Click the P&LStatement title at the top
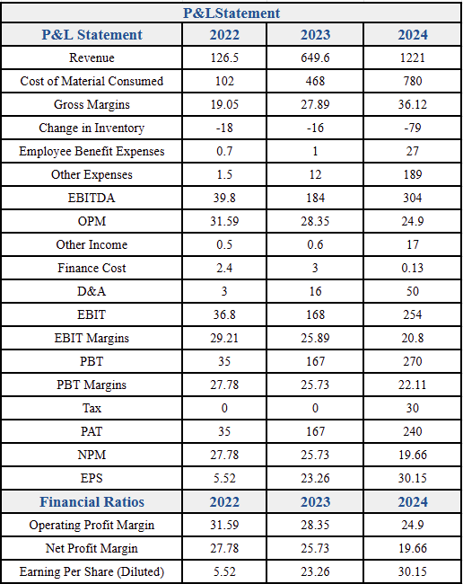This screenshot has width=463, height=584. [231, 13]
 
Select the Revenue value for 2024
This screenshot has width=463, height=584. [413, 58]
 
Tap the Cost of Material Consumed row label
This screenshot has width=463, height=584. [92, 81]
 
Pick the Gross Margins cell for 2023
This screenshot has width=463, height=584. [315, 104]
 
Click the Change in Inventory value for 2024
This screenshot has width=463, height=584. [413, 128]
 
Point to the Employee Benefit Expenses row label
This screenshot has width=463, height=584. [92, 151]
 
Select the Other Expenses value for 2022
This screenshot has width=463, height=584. [224, 174]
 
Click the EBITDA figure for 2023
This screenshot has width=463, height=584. [315, 198]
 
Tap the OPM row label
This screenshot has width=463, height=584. [92, 221]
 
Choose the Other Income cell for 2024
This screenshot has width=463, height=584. [413, 244]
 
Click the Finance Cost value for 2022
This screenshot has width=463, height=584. [224, 268]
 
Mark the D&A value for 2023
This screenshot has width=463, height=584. [315, 291]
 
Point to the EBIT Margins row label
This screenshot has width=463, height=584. [92, 338]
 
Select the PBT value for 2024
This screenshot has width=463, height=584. [413, 361]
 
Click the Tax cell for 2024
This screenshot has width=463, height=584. [413, 408]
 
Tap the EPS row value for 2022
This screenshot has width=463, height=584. [224, 478]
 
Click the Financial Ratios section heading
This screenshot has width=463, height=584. [92, 501]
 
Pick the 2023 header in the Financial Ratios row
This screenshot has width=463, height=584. [315, 501]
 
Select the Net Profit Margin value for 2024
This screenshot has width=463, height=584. [413, 548]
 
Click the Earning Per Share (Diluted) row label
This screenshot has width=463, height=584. [92, 571]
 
